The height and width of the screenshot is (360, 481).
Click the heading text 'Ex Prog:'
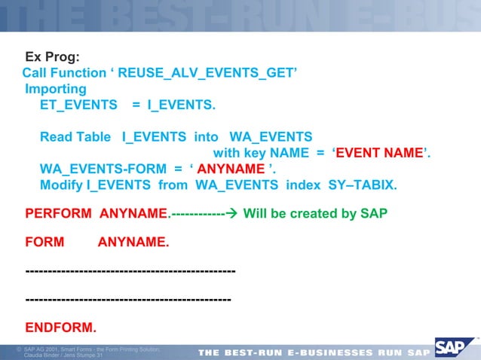click(x=53, y=56)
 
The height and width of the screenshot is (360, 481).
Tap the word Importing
click(x=56, y=89)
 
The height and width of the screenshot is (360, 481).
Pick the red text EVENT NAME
click(x=379, y=154)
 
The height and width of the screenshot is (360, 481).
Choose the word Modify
click(x=60, y=185)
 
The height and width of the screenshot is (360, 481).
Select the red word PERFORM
click(x=59, y=214)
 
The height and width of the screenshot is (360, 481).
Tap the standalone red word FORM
click(x=44, y=243)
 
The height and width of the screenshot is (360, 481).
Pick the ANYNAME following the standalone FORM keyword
click(x=133, y=243)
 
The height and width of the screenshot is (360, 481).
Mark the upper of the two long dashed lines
click(x=130, y=270)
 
